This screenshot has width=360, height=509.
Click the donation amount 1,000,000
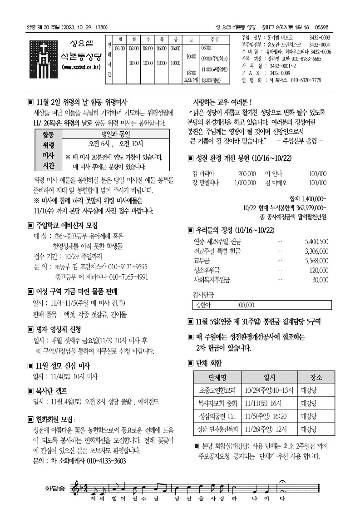[x=245, y=183]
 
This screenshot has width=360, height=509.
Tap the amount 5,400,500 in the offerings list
[x=317, y=242]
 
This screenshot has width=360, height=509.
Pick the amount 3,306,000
[x=317, y=251]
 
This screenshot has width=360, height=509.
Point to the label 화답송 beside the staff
[x=54, y=489]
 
